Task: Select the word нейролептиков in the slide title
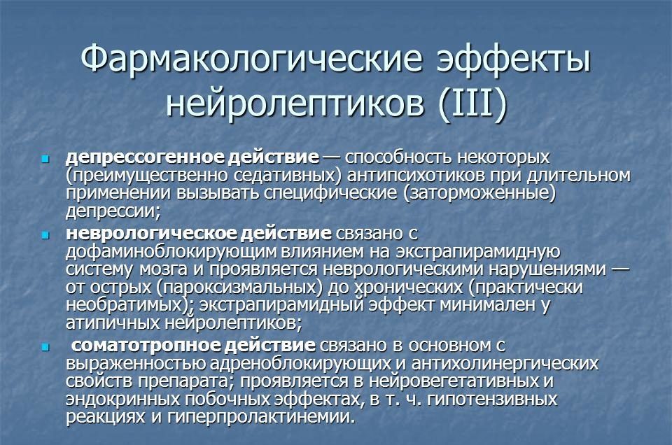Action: (x=295, y=104)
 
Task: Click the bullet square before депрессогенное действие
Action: (x=45, y=160)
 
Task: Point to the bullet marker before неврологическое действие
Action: (x=45, y=235)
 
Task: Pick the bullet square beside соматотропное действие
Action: (x=45, y=347)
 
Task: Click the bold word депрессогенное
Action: (x=145, y=157)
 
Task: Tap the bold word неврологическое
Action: (x=150, y=234)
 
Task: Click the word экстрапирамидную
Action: (x=478, y=253)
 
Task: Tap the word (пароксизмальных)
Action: (x=239, y=288)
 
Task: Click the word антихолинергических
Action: (x=505, y=364)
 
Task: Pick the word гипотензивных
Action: (x=492, y=399)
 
